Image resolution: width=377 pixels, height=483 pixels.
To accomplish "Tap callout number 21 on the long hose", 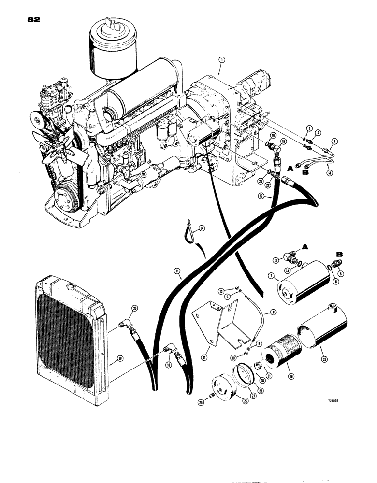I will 180,277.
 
